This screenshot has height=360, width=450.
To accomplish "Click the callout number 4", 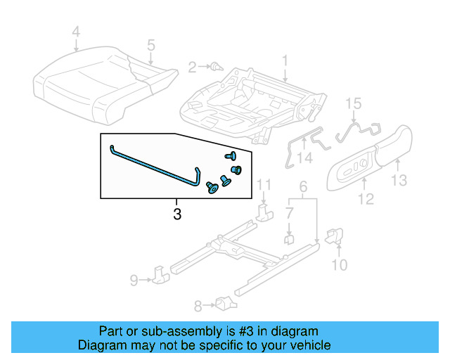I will pyautogui.click(x=77, y=31).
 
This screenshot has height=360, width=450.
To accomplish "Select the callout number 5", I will pyautogui.click(x=150, y=45).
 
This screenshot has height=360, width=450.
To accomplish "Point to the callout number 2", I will pyautogui.click(x=192, y=67).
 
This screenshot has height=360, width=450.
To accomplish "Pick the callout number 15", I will pyautogui.click(x=353, y=104).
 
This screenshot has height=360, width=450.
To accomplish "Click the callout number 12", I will pyautogui.click(x=365, y=200).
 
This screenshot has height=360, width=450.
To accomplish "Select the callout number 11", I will pyautogui.click(x=263, y=185).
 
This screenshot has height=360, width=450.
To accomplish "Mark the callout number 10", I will pyautogui.click(x=339, y=264).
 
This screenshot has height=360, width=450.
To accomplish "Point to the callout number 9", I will pyautogui.click(x=134, y=281).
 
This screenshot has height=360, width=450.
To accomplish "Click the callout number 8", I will pyautogui.click(x=198, y=305).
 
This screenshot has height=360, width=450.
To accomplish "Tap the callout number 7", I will pyautogui.click(x=289, y=212).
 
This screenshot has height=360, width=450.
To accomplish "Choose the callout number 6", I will pyautogui.click(x=303, y=186).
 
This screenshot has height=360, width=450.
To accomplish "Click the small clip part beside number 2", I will pyautogui.click(x=216, y=67).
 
